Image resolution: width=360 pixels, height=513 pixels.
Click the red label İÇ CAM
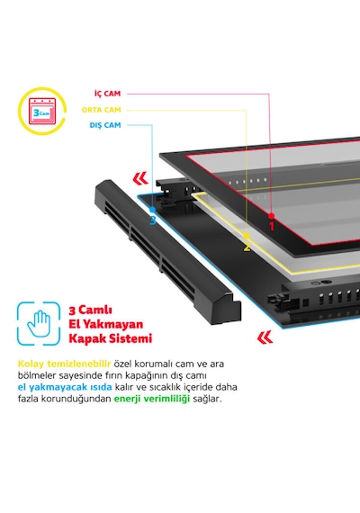108,94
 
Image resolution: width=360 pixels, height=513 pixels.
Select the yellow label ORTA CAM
102,110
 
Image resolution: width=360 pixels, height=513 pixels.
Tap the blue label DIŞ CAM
105,125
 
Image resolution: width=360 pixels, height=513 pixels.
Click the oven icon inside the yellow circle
42,112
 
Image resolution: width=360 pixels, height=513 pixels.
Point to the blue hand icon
39,324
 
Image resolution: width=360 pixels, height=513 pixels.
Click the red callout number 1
271,226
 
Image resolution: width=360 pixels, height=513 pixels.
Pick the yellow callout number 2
247,247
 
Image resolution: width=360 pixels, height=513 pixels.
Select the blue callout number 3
152,220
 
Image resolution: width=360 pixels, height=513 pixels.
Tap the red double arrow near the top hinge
140,178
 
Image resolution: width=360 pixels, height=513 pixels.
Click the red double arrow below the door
265,337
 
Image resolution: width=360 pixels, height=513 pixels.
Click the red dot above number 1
271,216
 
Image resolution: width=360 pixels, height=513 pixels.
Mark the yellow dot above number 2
247,236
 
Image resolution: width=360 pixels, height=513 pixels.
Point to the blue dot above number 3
152,210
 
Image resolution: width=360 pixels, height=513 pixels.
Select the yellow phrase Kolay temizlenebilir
64,364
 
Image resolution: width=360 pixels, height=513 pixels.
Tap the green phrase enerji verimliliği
152,399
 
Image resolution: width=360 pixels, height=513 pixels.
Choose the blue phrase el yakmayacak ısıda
65,387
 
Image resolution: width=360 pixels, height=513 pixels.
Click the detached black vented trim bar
167,251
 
